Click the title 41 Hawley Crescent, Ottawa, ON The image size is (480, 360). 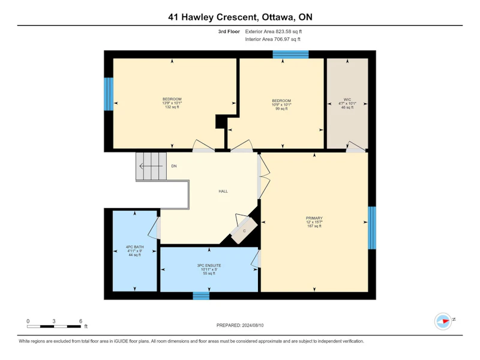pos(241,17)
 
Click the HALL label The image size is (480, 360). pos(223,191)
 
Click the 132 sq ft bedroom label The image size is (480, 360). pos(172,103)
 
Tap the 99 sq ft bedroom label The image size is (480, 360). pos(281,104)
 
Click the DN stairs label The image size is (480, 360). pos(174,166)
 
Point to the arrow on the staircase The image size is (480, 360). pos(151,166)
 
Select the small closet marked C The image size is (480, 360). pos(244,230)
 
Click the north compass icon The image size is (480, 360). pos(443,321)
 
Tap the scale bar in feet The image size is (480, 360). pos(54,326)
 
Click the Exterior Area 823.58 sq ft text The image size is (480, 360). pos(274,32)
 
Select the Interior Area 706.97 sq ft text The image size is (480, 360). pos(272,39)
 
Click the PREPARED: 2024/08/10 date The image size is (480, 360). pos(240,325)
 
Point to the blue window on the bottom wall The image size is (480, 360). pos(201,296)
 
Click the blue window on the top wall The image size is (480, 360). pos(290,55)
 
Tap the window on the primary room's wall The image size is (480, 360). pos(372,228)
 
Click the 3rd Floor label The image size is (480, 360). pos(229,32)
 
